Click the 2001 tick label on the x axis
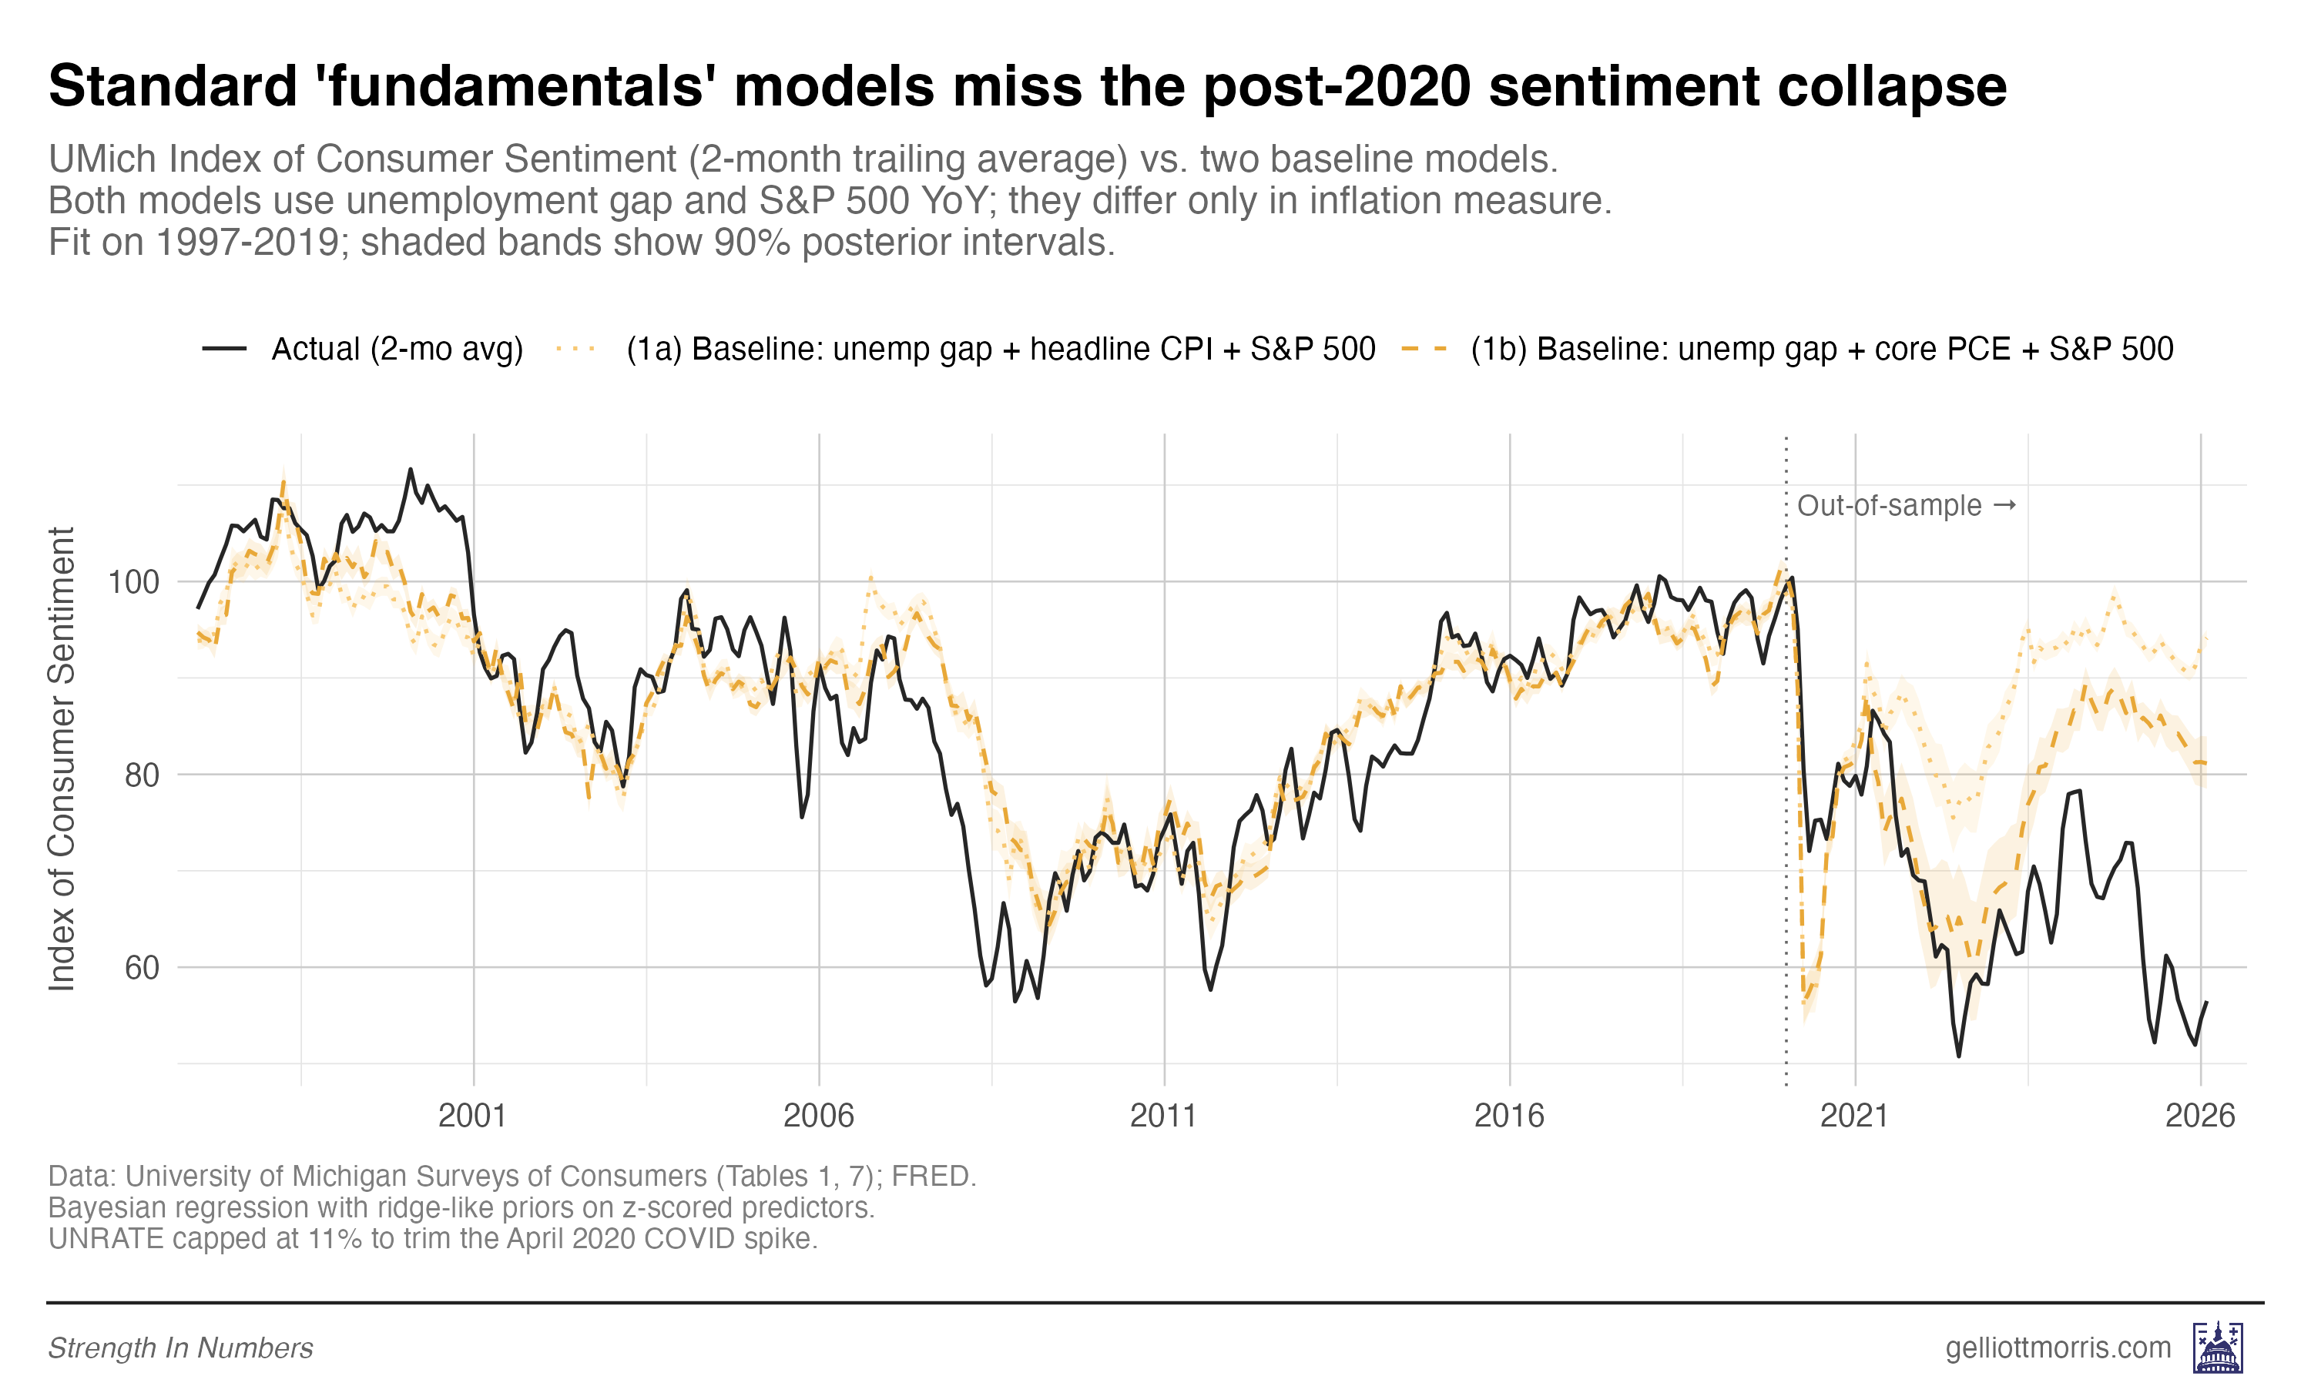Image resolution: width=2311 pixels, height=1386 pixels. point(473,1115)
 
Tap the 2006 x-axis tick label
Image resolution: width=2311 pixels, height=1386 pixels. point(818,1115)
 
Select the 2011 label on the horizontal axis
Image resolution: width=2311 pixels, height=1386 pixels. point(1163,1115)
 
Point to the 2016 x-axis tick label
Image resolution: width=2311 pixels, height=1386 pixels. point(1508,1115)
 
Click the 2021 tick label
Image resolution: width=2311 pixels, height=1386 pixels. point(1854,1115)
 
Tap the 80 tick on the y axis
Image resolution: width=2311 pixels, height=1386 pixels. point(142,775)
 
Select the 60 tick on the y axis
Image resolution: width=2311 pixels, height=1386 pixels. point(142,968)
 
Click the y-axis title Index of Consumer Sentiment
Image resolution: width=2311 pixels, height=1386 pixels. point(62,758)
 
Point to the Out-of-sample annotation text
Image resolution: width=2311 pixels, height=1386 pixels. point(1889,505)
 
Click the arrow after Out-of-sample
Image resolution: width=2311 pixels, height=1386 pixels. point(2004,505)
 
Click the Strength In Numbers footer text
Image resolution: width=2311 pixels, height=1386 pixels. point(180,1347)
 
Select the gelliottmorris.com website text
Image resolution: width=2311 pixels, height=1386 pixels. point(2058,1347)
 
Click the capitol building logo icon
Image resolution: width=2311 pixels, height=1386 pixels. point(2218,1347)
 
